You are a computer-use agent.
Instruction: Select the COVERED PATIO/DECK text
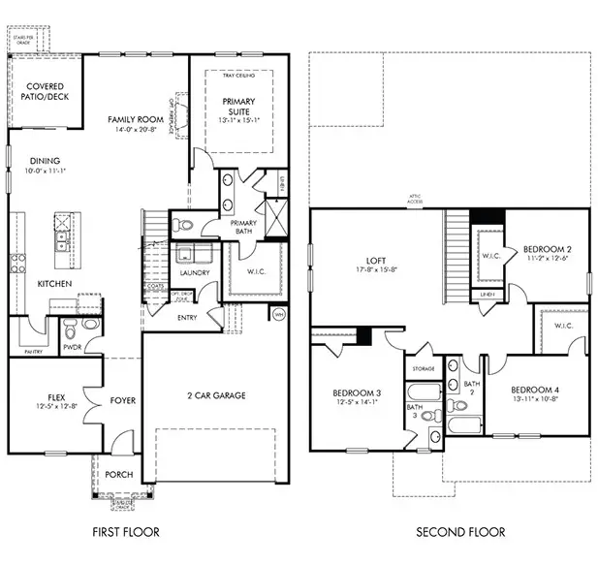point(46,92)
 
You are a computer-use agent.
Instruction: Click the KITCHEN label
point(53,284)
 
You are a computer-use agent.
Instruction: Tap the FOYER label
point(122,399)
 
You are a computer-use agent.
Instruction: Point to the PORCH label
point(120,475)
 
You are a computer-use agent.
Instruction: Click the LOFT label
point(375,259)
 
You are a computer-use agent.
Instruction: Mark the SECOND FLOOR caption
point(460,532)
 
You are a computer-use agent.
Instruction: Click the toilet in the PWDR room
point(92,325)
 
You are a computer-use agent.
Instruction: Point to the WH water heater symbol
point(279,314)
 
